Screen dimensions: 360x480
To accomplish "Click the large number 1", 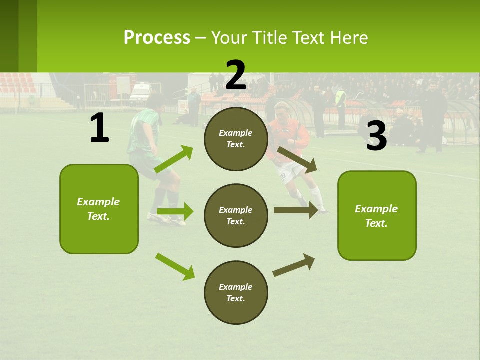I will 99,128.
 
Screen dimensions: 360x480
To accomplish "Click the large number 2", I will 236,75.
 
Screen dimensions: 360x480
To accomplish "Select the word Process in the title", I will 157,37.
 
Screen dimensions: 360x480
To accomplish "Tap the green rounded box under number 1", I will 99,209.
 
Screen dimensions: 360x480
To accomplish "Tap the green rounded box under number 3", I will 377,215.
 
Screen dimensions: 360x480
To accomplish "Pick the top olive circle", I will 236,139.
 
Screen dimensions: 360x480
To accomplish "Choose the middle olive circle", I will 236,215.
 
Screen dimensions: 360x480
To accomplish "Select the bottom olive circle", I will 236,292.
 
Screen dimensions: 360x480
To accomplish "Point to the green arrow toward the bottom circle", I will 175,266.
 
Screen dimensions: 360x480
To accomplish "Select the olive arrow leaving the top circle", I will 297,160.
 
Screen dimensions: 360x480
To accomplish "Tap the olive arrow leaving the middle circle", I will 295,210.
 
